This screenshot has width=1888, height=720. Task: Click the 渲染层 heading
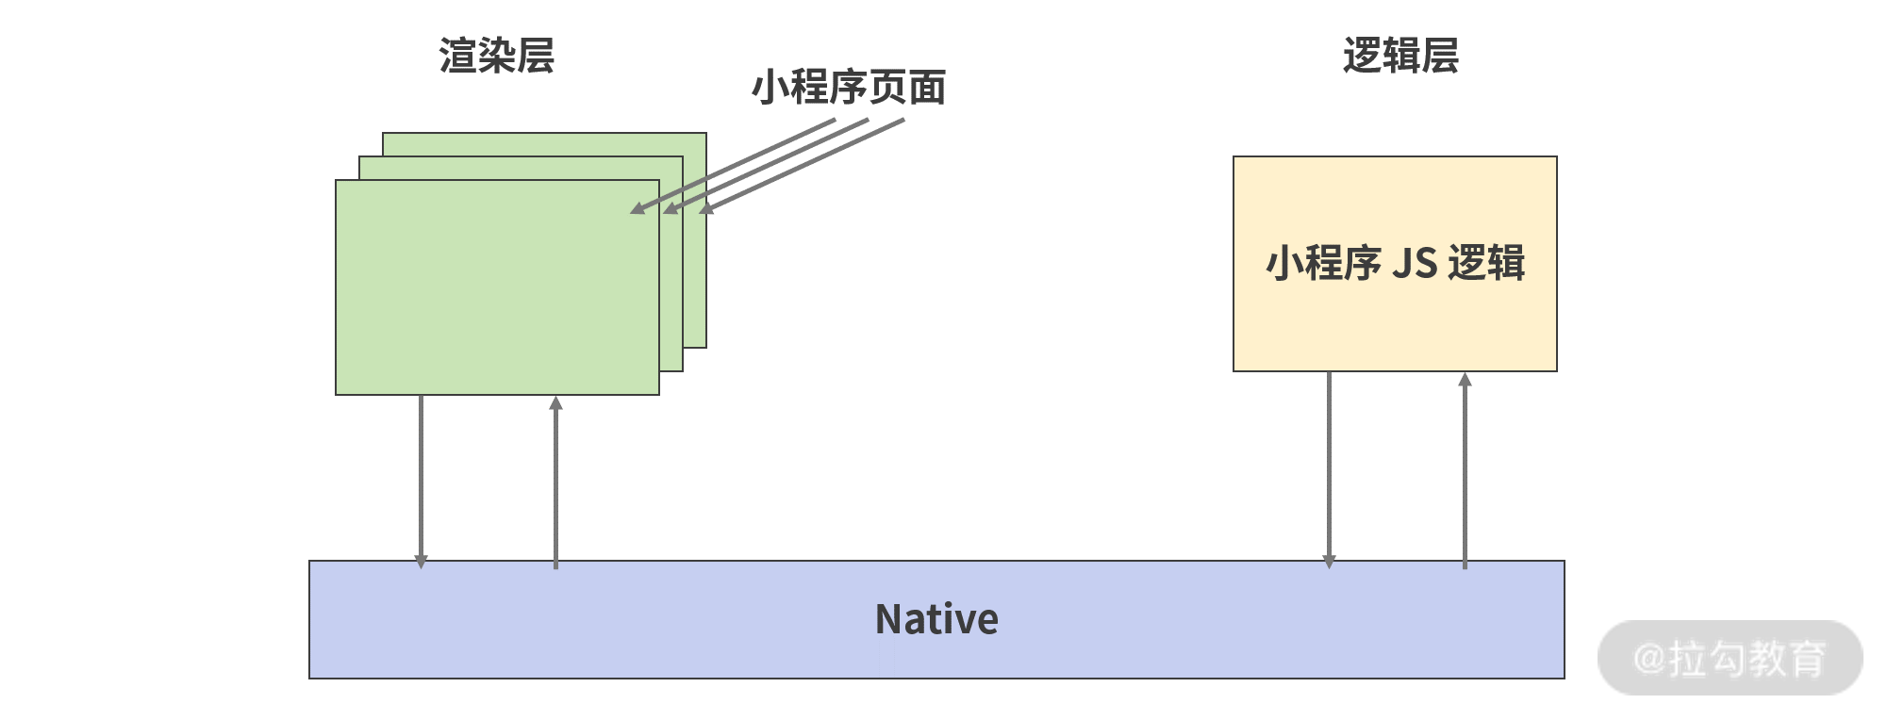[x=496, y=56]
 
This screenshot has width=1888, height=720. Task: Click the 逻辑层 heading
[x=1400, y=56]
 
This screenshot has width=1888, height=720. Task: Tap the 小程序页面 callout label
[x=848, y=88]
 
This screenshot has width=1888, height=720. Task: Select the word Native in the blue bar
[x=936, y=619]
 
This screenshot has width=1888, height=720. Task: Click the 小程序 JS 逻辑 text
[x=1395, y=263]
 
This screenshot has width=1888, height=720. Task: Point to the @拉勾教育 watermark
[x=1730, y=658]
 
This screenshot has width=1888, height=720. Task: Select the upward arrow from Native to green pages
[x=555, y=481]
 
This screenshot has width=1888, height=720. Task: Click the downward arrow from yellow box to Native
[x=1329, y=466]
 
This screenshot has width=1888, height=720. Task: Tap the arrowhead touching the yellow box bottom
[x=1465, y=380]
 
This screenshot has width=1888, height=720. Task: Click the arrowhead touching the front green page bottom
[x=555, y=402]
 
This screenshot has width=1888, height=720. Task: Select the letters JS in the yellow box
[x=1414, y=263]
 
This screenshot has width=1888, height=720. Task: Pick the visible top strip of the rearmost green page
[x=544, y=144]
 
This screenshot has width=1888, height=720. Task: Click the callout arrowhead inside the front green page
[x=638, y=208]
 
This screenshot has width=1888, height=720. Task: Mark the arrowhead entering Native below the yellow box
[x=1329, y=562]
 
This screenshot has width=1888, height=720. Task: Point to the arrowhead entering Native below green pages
[x=421, y=562]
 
